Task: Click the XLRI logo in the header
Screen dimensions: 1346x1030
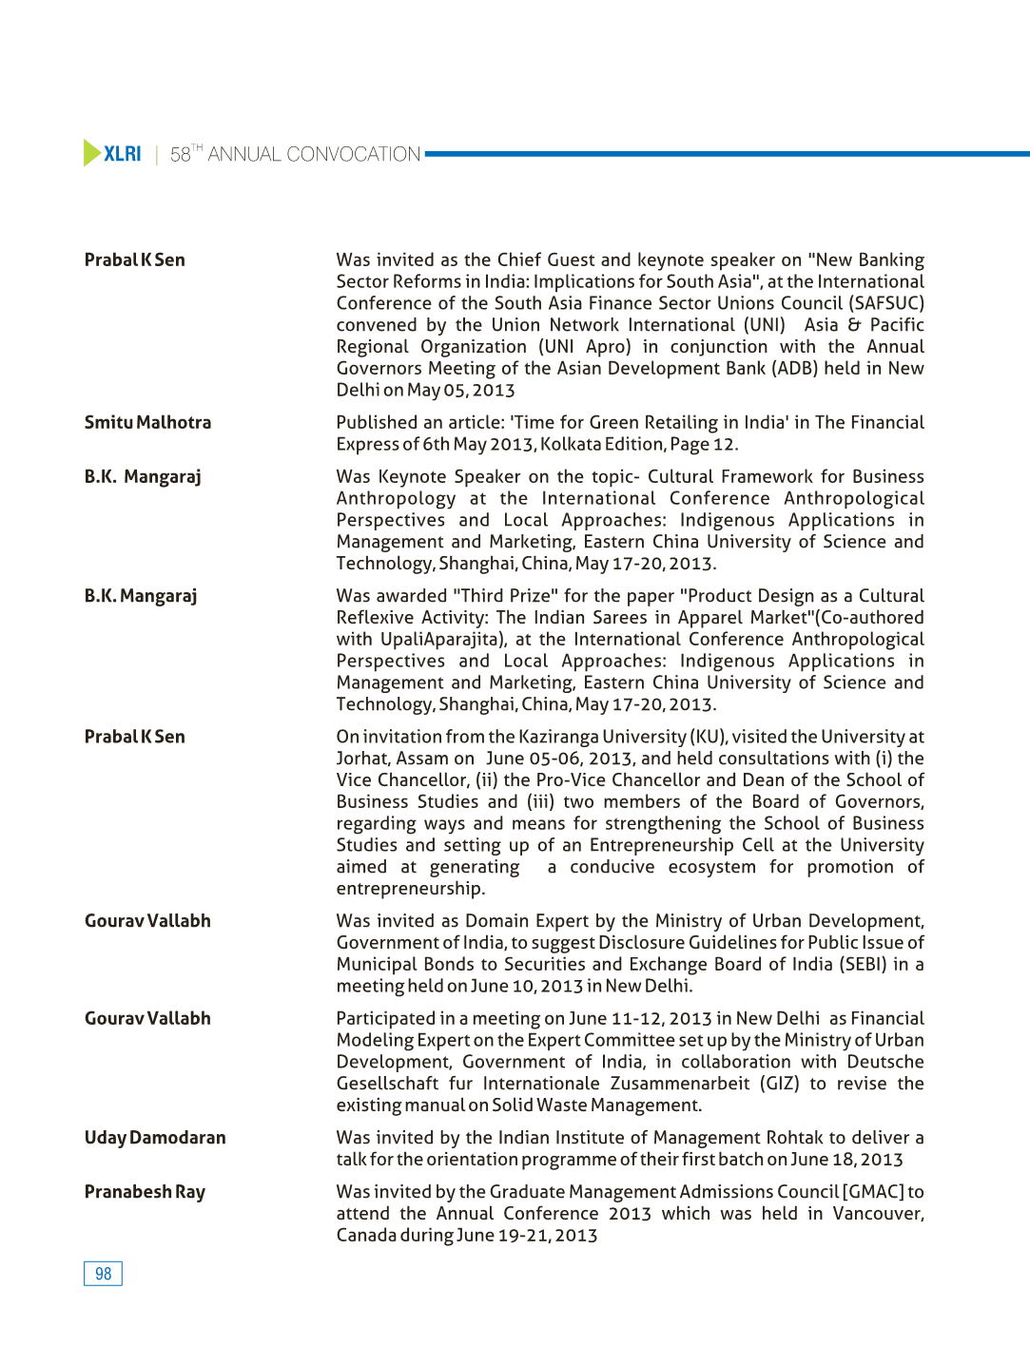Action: (x=122, y=154)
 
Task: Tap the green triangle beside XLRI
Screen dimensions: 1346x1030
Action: (x=91, y=153)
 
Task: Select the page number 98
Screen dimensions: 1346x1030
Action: (x=103, y=1274)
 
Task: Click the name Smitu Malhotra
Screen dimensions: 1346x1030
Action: (x=147, y=422)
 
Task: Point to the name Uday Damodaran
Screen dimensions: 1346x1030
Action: (x=155, y=1138)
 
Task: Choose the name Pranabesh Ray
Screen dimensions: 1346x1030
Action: (x=145, y=1192)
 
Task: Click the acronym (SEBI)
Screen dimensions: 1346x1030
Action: (x=863, y=964)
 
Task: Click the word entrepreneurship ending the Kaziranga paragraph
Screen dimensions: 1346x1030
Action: (x=409, y=889)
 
